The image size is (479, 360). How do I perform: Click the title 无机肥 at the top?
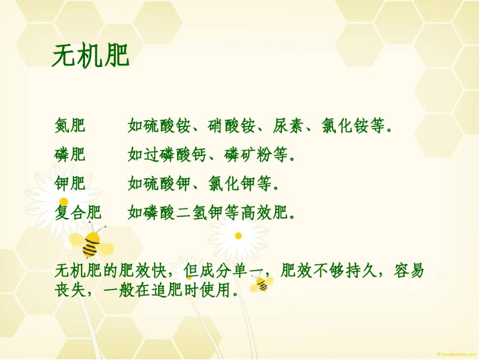click(x=91, y=55)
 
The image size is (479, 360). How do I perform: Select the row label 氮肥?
click(x=70, y=125)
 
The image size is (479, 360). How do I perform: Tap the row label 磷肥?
click(x=70, y=154)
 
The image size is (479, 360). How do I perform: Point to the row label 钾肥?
click(x=70, y=183)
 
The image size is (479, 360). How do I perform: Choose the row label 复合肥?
click(x=78, y=212)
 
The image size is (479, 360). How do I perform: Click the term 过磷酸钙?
click(x=175, y=154)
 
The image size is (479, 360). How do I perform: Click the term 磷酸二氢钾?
click(x=183, y=212)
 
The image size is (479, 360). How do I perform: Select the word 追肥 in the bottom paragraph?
click(x=167, y=289)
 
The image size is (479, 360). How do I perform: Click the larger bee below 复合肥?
click(x=91, y=243)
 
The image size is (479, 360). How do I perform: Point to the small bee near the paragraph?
click(x=262, y=283)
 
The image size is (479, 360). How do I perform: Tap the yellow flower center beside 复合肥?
click(x=64, y=202)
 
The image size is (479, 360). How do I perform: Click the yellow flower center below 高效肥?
click(x=238, y=235)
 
